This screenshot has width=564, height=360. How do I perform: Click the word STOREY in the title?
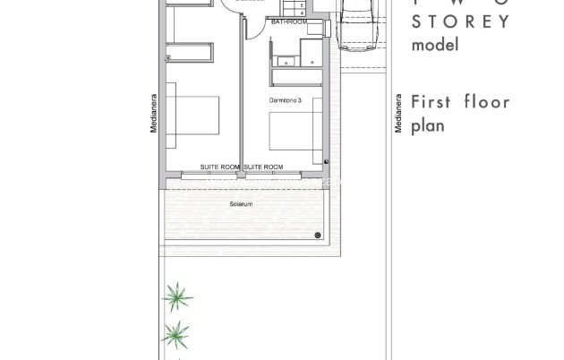point(459,21)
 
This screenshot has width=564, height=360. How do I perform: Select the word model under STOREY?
point(434,45)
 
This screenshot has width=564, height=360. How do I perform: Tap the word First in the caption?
point(429,101)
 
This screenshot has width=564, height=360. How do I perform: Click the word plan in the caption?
point(427,126)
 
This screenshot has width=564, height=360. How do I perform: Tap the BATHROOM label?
point(289,21)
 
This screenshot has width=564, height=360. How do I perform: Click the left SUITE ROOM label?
point(220,167)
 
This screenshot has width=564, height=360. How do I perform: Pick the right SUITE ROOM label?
point(264,167)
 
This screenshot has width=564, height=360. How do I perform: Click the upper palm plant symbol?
point(179,296)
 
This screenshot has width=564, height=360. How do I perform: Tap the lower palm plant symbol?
point(176,336)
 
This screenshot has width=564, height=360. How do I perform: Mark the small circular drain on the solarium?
point(318,236)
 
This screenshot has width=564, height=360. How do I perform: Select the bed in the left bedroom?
point(192,116)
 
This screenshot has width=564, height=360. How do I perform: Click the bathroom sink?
point(286,61)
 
